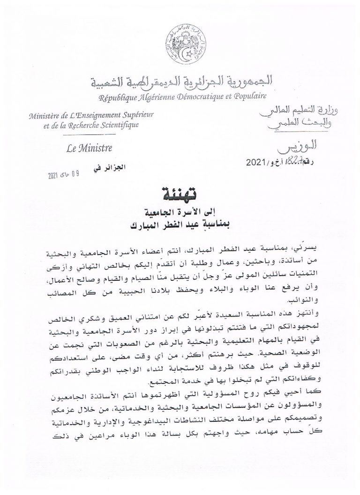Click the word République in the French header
click(x=117, y=97)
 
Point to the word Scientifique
click(x=118, y=125)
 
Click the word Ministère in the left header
click(x=45, y=115)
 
